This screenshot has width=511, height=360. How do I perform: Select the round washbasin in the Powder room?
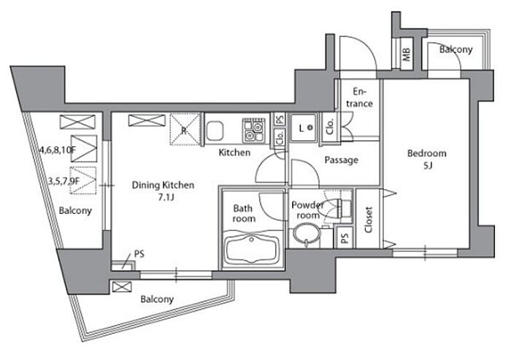click(307, 234)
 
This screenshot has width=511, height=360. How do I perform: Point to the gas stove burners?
click(253, 130)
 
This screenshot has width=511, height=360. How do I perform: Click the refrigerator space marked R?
click(185, 129)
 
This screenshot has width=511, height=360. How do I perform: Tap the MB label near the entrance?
click(407, 55)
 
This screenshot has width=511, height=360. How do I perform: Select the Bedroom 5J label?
click(427, 159)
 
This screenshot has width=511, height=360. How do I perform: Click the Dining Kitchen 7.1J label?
click(163, 191)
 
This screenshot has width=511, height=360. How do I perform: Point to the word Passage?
click(341, 160)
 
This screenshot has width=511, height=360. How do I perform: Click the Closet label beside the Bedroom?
click(369, 220)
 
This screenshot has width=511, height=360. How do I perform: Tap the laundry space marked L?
click(304, 128)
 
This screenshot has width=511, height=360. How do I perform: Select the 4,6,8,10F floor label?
click(58, 150)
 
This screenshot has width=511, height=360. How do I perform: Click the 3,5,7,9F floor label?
click(64, 180)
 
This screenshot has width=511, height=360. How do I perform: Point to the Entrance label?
click(359, 98)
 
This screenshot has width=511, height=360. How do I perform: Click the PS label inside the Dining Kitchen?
click(139, 253)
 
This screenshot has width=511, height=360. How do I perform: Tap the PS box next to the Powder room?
click(345, 238)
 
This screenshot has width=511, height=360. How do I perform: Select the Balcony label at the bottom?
click(157, 299)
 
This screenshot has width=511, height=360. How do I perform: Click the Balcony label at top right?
click(456, 50)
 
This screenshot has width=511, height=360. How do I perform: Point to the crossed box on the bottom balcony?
click(122, 287)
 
